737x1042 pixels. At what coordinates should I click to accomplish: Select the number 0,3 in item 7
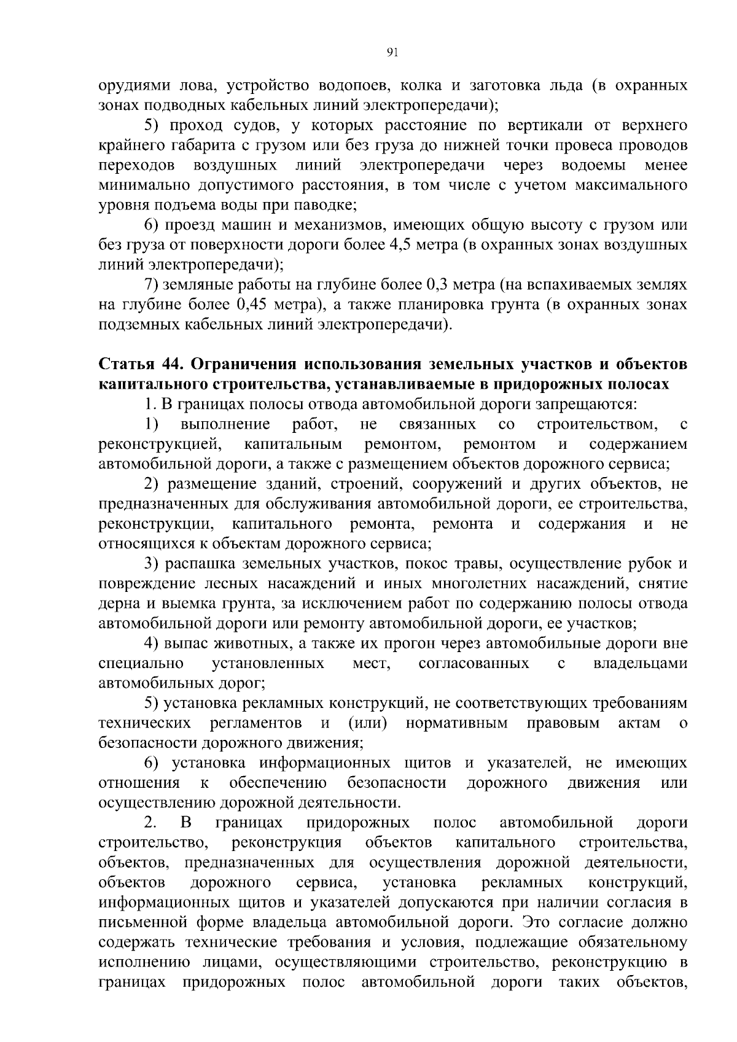(439, 285)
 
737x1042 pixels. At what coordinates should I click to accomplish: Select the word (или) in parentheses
(367, 723)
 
